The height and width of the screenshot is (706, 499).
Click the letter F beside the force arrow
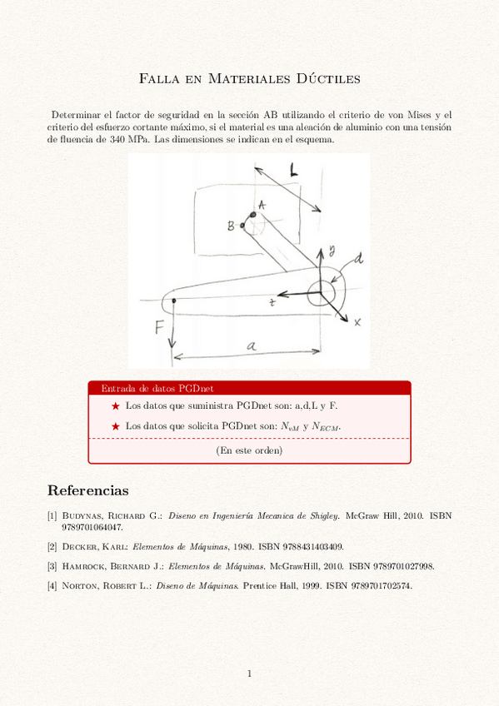click(x=159, y=327)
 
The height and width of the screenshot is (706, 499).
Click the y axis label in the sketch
click(x=331, y=249)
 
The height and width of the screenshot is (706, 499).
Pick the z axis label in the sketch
click(x=272, y=305)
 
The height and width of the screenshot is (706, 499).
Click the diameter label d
click(x=358, y=260)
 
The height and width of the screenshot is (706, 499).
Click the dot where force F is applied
click(x=172, y=301)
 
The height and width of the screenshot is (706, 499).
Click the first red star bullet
click(x=115, y=405)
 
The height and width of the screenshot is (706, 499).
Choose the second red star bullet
click(x=115, y=426)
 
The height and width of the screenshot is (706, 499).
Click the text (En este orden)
click(x=249, y=450)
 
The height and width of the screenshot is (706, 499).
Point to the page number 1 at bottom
click(x=249, y=674)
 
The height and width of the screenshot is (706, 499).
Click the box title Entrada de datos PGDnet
click(x=157, y=388)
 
